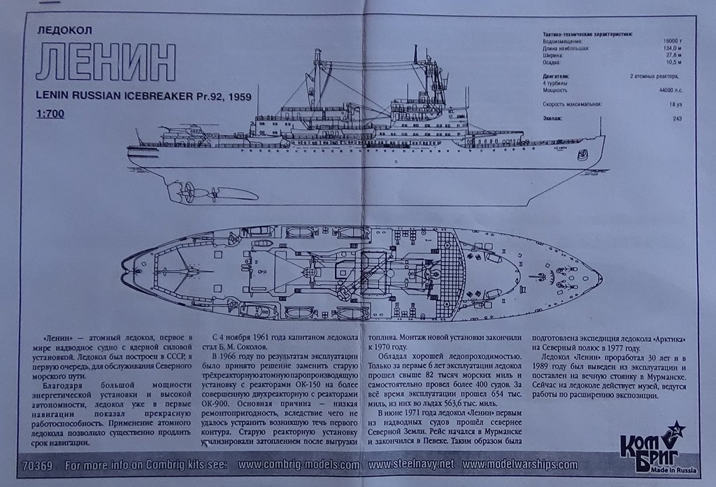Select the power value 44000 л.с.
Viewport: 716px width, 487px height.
671,90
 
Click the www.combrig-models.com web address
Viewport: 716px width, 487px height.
299,465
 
